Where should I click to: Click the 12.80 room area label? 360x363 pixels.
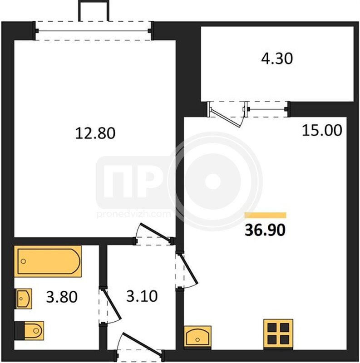[x=95, y=133]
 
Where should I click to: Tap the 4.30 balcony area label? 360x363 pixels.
[x=277, y=59]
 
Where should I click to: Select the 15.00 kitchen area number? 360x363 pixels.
[x=322, y=130]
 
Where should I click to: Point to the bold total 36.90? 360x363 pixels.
[x=265, y=231]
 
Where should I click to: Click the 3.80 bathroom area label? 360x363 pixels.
[x=62, y=297]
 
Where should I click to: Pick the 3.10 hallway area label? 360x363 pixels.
[x=142, y=296]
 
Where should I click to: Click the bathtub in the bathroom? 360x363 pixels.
[x=48, y=261]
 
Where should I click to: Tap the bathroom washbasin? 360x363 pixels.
[x=23, y=299]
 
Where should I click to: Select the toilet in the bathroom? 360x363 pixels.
[x=29, y=331]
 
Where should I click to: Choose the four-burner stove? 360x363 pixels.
[x=278, y=334]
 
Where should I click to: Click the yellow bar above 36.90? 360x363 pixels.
[x=266, y=215]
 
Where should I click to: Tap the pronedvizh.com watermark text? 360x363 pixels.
[x=133, y=214]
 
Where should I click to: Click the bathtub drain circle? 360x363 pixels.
[x=23, y=261]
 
